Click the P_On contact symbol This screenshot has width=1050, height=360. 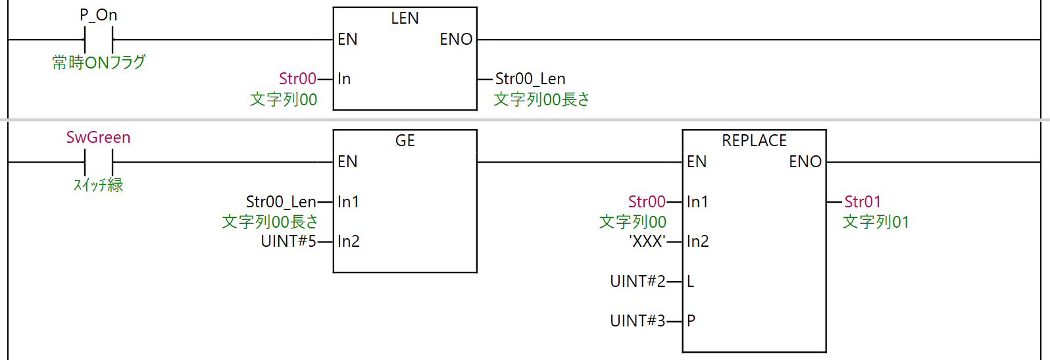99,39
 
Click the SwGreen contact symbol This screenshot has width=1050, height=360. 99,162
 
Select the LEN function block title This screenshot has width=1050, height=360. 405,18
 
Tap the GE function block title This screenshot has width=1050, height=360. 405,141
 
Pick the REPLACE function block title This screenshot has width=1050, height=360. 754,141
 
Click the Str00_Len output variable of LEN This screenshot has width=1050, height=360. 530,79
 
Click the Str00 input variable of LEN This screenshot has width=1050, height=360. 297,79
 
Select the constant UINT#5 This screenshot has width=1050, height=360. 288,242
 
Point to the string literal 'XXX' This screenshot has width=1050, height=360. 647,242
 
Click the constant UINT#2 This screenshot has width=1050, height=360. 637,282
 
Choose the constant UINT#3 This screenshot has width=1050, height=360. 637,321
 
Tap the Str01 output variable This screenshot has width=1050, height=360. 863,202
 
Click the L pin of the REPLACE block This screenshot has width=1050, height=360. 691,282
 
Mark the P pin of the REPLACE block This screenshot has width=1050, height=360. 691,321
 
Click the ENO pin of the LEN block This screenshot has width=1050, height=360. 456,39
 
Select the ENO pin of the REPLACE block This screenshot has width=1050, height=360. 805,162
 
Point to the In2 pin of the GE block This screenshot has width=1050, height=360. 349,242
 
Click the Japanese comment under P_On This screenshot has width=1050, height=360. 99,63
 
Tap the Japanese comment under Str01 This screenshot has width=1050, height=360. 876,222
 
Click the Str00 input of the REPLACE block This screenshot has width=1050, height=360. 647,202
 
